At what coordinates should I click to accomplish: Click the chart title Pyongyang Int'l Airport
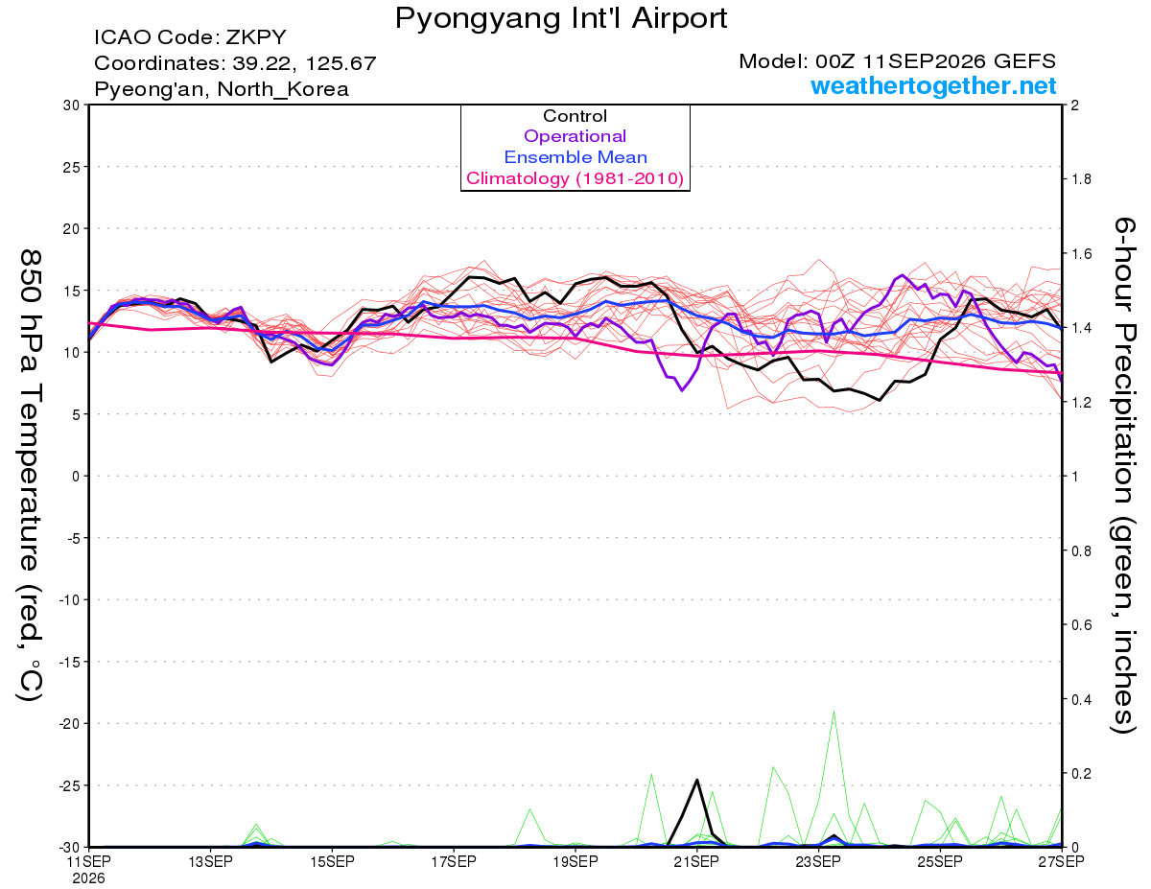coord(561,18)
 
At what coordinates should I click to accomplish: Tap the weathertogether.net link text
coord(933,85)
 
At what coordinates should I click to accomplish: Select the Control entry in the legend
coord(575,116)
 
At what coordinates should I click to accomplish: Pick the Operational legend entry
coord(575,136)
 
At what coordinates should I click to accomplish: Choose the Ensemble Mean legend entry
coord(575,157)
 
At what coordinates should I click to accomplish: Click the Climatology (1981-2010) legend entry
coord(575,178)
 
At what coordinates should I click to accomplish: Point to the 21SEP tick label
coord(696,862)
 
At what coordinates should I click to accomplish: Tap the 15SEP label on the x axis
coord(332,862)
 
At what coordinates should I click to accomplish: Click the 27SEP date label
coord(1061,862)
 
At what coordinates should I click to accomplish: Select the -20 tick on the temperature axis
coord(70,724)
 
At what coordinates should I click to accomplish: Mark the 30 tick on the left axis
coord(72,105)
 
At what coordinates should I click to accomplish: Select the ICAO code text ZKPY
coord(256,37)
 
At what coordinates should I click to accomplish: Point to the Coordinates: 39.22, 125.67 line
coord(235,63)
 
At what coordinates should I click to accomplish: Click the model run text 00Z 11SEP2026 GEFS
coord(935,61)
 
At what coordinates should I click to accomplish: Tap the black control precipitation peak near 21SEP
coord(697,780)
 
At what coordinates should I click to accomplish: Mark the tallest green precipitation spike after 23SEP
coord(834,713)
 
